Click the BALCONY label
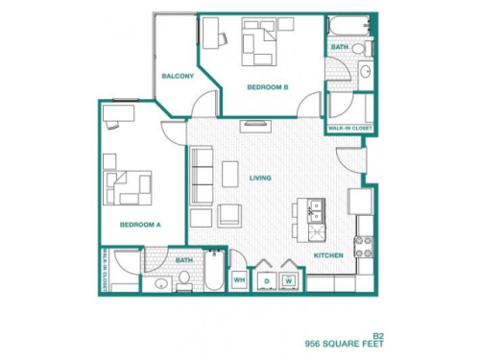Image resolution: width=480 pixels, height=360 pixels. point(179,76)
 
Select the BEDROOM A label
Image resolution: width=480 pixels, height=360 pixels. point(139,226)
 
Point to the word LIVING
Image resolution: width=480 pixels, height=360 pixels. point(259,178)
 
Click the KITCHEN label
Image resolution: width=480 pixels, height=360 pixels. point(329,255)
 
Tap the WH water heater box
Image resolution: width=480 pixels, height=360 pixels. point(239,280)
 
